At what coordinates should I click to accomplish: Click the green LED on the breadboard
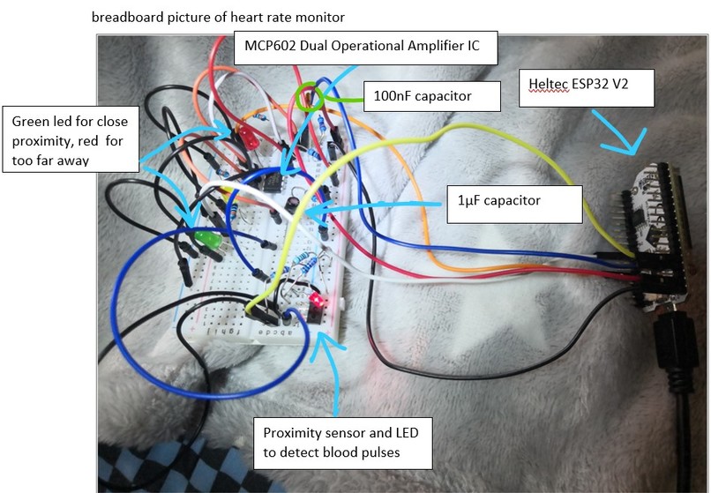tap(207, 239)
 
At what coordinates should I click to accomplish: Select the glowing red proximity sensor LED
tap(316, 299)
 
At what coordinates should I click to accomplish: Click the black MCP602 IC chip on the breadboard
tap(273, 182)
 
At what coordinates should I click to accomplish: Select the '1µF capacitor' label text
tap(498, 200)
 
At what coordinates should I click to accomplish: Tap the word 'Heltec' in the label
tap(549, 84)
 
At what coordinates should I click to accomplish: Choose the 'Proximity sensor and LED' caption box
tap(343, 443)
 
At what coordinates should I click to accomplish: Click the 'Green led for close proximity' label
tap(71, 139)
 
